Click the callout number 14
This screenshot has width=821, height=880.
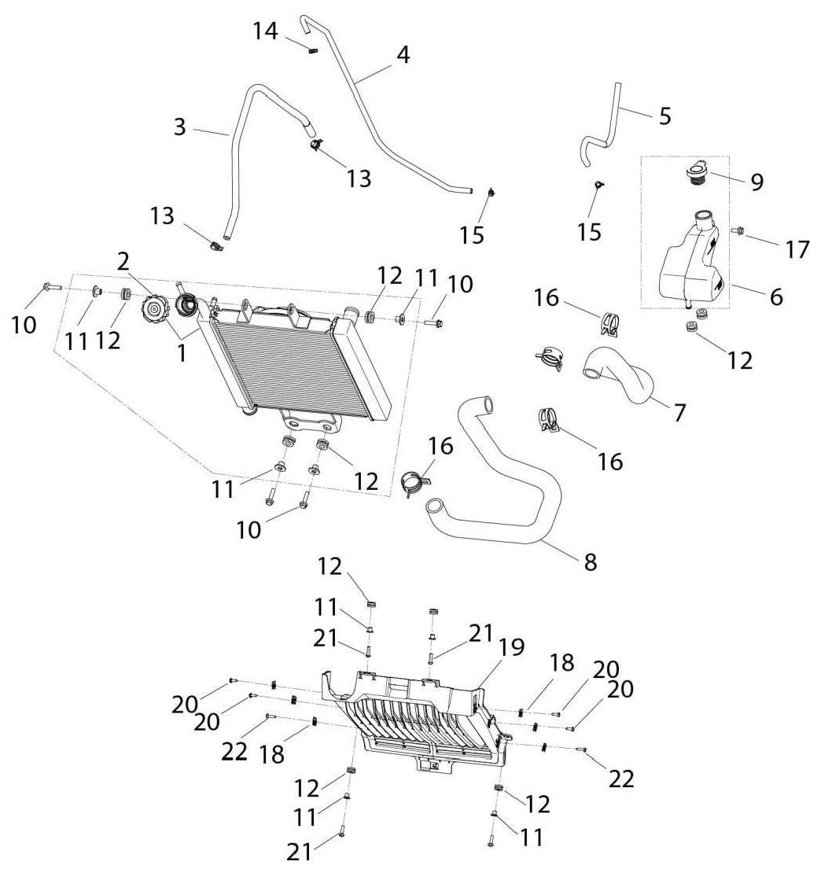click(265, 31)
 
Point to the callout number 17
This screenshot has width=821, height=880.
click(797, 249)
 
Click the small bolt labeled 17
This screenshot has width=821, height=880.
click(738, 230)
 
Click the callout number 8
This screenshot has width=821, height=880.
click(591, 562)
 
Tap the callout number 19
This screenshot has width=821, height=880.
click(511, 647)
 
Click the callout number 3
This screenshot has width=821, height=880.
click(179, 127)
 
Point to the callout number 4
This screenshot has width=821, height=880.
click(403, 55)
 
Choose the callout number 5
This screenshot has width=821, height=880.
click(665, 116)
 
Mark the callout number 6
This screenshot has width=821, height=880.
click(776, 297)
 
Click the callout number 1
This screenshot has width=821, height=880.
click(181, 353)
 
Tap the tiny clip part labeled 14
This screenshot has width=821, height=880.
click(313, 51)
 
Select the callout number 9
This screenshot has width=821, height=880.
click(757, 182)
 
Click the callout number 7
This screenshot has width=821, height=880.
click(679, 413)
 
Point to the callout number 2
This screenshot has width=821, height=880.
click(123, 261)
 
